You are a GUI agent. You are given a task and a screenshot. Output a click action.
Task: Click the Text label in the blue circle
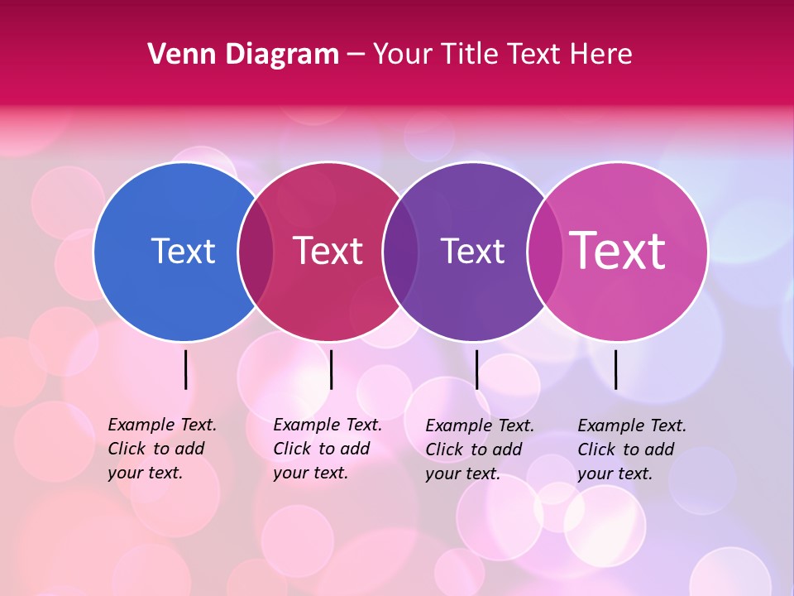click(183, 251)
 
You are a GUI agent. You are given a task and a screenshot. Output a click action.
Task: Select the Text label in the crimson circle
click(328, 251)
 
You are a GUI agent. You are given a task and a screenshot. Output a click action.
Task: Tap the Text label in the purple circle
click(472, 251)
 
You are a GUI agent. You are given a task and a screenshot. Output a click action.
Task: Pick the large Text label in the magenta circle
click(618, 251)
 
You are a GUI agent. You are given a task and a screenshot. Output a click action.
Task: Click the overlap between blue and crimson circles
click(256, 251)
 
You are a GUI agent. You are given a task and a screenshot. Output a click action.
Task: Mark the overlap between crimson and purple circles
click(400, 251)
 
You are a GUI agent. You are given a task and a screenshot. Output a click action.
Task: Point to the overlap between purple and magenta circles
click(544, 251)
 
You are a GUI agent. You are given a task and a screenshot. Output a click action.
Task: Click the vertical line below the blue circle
click(185, 369)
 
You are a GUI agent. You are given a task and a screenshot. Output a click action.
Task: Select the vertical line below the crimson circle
click(331, 369)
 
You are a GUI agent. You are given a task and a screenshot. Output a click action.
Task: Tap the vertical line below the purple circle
click(476, 369)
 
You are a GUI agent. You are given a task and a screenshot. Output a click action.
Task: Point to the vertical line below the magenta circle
click(615, 369)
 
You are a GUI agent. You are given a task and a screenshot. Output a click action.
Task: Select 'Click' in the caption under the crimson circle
click(291, 449)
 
